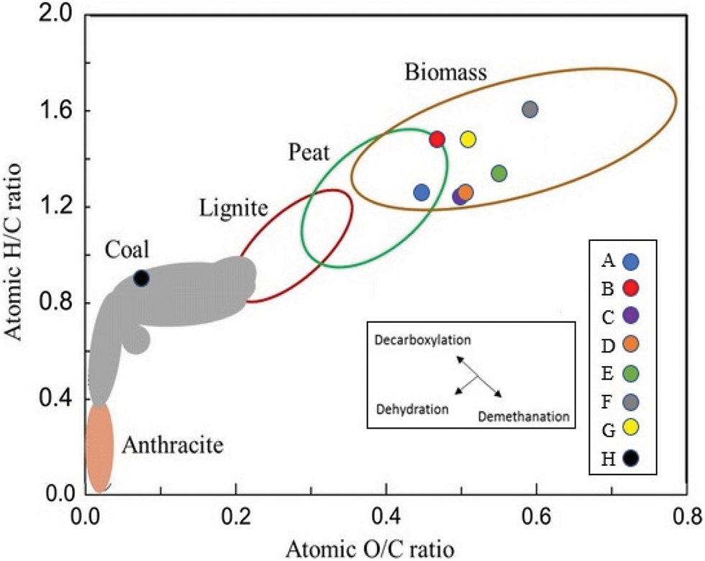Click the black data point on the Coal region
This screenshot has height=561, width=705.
click(141, 278)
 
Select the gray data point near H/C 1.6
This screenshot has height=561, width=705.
click(529, 109)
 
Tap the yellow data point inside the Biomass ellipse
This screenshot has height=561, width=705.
click(468, 139)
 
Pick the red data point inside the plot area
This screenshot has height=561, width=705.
click(437, 139)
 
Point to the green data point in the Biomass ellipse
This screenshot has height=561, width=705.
click(499, 173)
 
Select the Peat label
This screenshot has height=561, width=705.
click(309, 152)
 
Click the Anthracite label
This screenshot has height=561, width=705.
click(173, 446)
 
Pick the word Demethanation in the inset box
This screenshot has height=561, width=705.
click(524, 416)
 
